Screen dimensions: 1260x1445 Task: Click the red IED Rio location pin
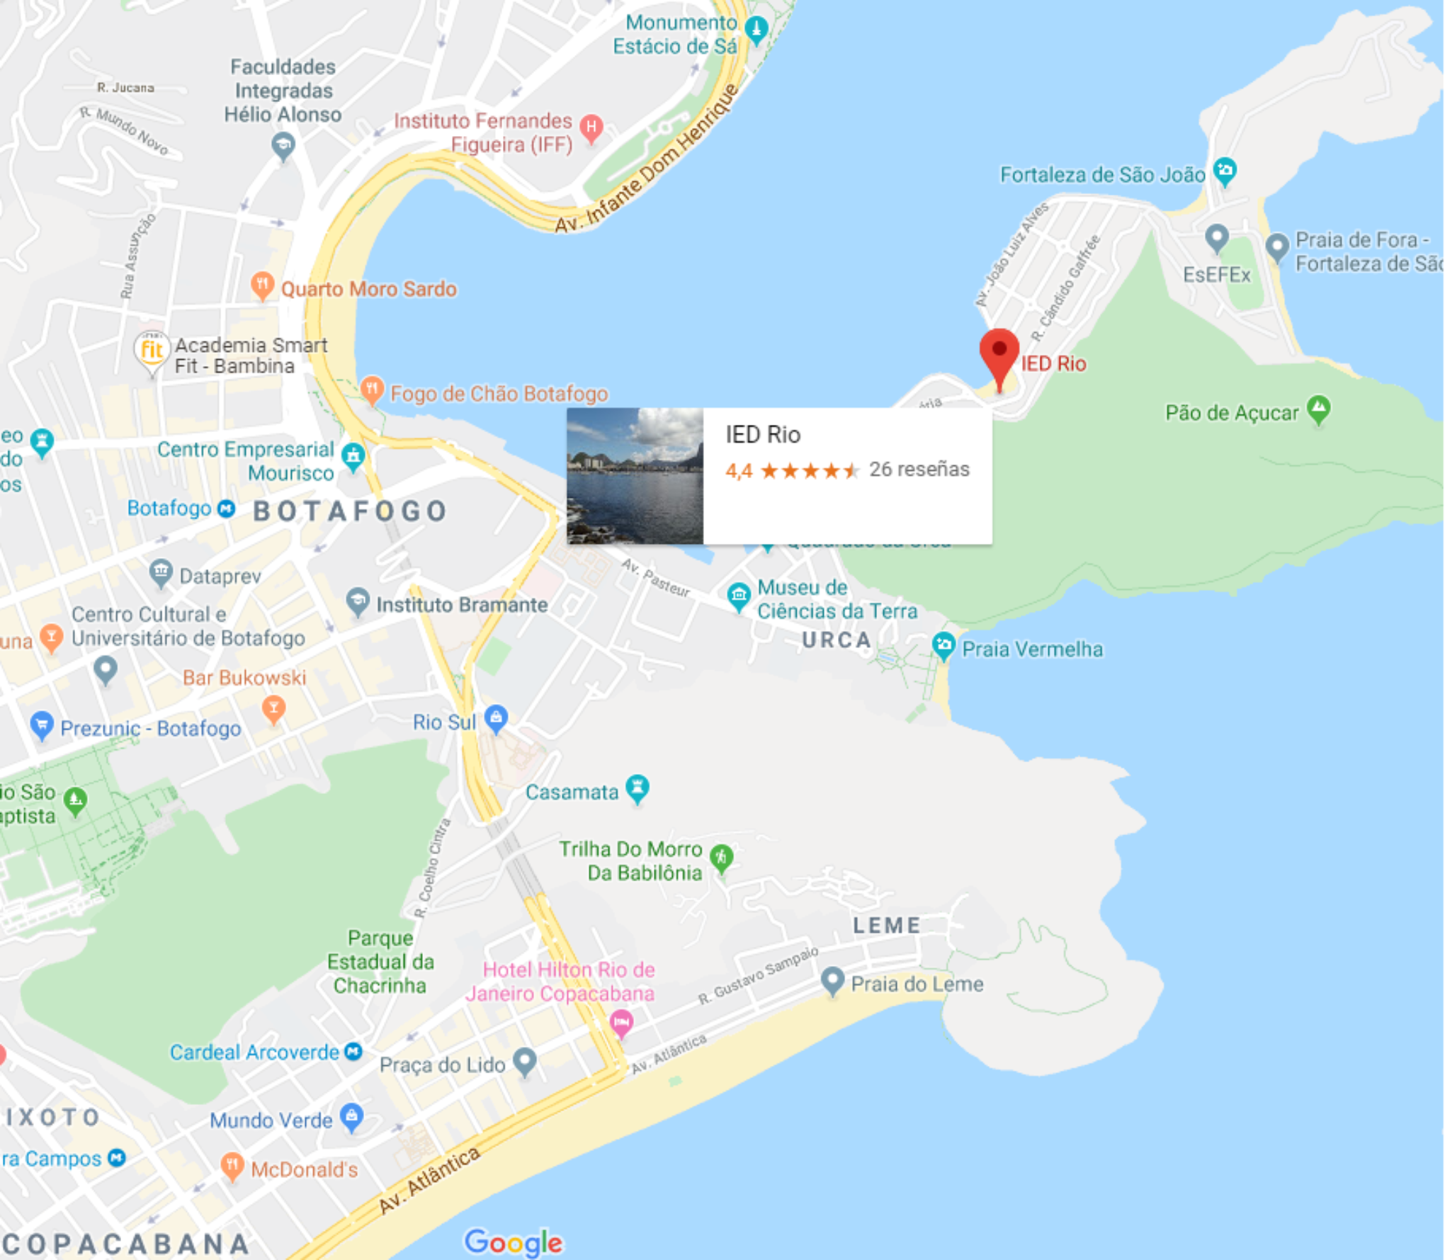999,354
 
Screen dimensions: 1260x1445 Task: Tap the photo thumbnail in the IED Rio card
635,476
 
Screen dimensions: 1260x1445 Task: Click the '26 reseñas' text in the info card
919,470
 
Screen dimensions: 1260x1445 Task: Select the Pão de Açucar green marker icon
1318,409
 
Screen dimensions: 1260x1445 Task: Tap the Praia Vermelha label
1032,649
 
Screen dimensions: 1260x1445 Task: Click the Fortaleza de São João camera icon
1225,171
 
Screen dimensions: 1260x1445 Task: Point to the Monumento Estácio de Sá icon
756,30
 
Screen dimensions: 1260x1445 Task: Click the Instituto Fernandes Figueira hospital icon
591,127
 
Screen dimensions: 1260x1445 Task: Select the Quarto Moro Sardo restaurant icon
262,285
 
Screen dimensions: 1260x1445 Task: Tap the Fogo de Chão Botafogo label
499,394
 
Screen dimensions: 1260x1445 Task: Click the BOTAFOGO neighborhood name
350,511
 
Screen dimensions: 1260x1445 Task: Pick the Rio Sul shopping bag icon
496,718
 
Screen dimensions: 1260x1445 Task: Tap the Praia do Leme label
917,984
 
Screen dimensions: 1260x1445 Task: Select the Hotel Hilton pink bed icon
621,1021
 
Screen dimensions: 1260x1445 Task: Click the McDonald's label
304,1169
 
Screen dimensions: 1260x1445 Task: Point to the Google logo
514,1242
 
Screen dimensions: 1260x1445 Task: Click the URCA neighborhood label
836,640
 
